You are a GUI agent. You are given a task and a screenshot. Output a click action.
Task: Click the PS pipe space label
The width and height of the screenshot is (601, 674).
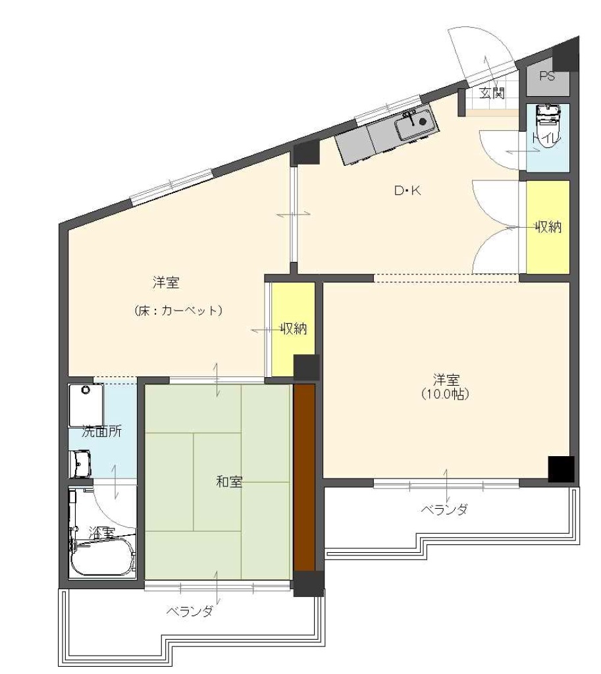pyautogui.click(x=547, y=76)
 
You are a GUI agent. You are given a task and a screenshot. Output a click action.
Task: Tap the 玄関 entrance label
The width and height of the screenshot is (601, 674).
pyautogui.click(x=492, y=93)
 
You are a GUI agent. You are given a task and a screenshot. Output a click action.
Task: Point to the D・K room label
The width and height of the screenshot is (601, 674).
pyautogui.click(x=407, y=190)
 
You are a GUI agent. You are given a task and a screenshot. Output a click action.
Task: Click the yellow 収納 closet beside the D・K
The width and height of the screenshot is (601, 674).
pyautogui.click(x=548, y=227)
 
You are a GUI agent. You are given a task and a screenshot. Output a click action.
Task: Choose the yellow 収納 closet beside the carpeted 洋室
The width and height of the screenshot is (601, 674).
pyautogui.click(x=293, y=329)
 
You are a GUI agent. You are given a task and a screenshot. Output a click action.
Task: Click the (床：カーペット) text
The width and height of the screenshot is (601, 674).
pyautogui.click(x=178, y=311)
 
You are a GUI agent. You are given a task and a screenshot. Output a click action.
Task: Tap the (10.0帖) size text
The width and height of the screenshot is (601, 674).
pyautogui.click(x=445, y=394)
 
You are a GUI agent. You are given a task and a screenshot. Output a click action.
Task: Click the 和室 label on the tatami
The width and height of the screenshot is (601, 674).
pyautogui.click(x=228, y=481)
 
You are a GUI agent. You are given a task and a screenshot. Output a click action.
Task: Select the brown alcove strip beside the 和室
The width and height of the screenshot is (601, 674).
pyautogui.click(x=304, y=477)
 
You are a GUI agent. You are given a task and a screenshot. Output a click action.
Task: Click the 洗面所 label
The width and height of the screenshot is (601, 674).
pyautogui.click(x=101, y=431)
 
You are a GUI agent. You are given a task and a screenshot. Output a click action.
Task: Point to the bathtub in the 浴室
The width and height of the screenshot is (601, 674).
pyautogui.click(x=103, y=557)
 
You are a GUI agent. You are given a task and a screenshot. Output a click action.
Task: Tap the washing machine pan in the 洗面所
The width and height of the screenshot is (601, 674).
pyautogui.click(x=86, y=405)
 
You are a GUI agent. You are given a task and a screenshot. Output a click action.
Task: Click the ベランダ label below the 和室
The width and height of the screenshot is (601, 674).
pyautogui.click(x=190, y=611)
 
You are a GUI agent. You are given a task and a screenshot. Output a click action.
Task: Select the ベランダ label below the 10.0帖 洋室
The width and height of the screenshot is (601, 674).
pyautogui.click(x=444, y=510)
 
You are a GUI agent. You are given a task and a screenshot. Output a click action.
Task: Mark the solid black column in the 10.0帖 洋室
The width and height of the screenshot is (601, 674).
pyautogui.click(x=561, y=469)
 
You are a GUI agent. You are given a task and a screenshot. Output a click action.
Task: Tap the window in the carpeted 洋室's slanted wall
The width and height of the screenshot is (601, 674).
pyautogui.click(x=171, y=186)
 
